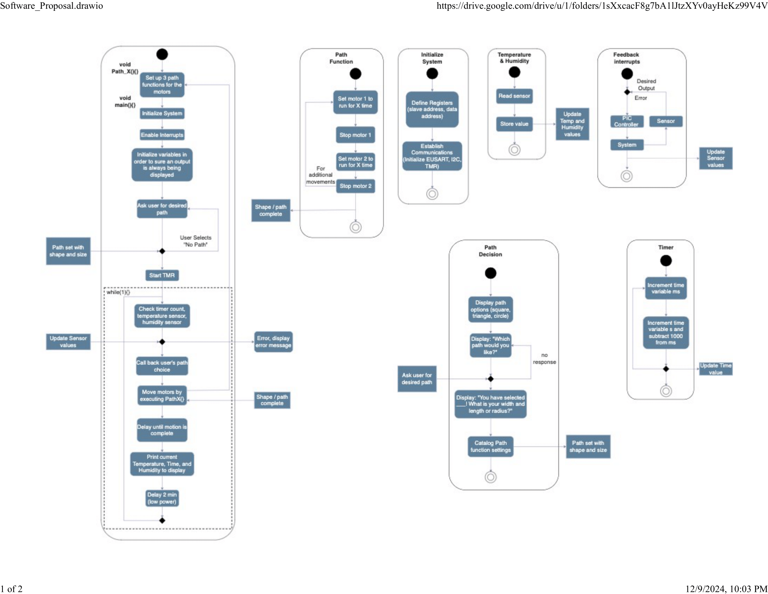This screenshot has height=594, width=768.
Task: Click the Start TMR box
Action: (162, 275)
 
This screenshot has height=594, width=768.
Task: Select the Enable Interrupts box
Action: (162, 135)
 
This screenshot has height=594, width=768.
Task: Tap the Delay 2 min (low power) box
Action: (162, 498)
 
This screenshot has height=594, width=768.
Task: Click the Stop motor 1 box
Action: (355, 135)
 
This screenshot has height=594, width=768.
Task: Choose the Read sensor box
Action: (514, 96)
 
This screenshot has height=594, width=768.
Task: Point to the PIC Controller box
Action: (627, 121)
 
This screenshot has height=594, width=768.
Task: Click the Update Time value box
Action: (715, 369)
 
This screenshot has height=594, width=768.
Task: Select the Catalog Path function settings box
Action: (490, 446)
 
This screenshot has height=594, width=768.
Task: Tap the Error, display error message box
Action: (273, 342)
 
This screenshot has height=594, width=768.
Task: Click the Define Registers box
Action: (432, 109)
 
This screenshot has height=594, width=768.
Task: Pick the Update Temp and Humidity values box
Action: (572, 124)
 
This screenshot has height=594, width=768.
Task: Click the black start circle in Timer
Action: (666, 260)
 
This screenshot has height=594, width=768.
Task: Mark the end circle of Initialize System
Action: (432, 194)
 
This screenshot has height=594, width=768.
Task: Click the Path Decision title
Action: (490, 251)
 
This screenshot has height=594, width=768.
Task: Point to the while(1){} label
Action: (118, 292)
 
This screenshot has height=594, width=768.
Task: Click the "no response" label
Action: (544, 358)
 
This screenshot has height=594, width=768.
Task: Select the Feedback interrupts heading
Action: (626, 58)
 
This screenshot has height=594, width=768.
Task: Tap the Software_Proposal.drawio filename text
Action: (51, 6)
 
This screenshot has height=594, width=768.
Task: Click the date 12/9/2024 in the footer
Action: (705, 589)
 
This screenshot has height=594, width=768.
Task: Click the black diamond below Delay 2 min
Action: (162, 520)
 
